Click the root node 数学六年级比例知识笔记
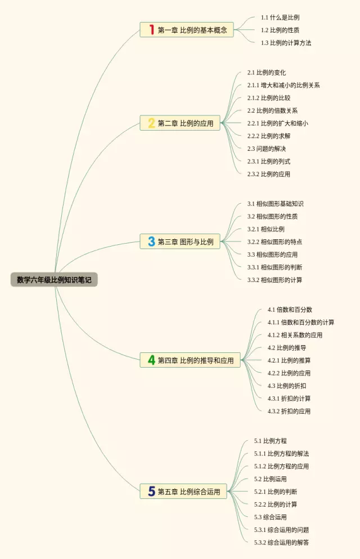click(x=54, y=279)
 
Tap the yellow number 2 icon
click(x=151, y=123)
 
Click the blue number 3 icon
click(x=151, y=242)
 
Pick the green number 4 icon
click(x=151, y=360)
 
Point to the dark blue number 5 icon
click(x=151, y=491)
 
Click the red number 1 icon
click(x=151, y=30)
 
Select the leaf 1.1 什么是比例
click(x=280, y=17)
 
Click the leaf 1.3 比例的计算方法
click(x=286, y=43)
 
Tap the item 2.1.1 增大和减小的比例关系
click(x=283, y=85)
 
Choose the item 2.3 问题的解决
click(x=267, y=149)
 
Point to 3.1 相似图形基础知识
click(x=275, y=204)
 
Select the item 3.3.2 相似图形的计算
click(x=274, y=280)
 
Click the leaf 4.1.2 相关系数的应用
click(x=295, y=335)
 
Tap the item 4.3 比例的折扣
click(x=287, y=386)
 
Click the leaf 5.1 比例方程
click(x=270, y=441)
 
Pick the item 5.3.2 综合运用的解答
click(x=281, y=542)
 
